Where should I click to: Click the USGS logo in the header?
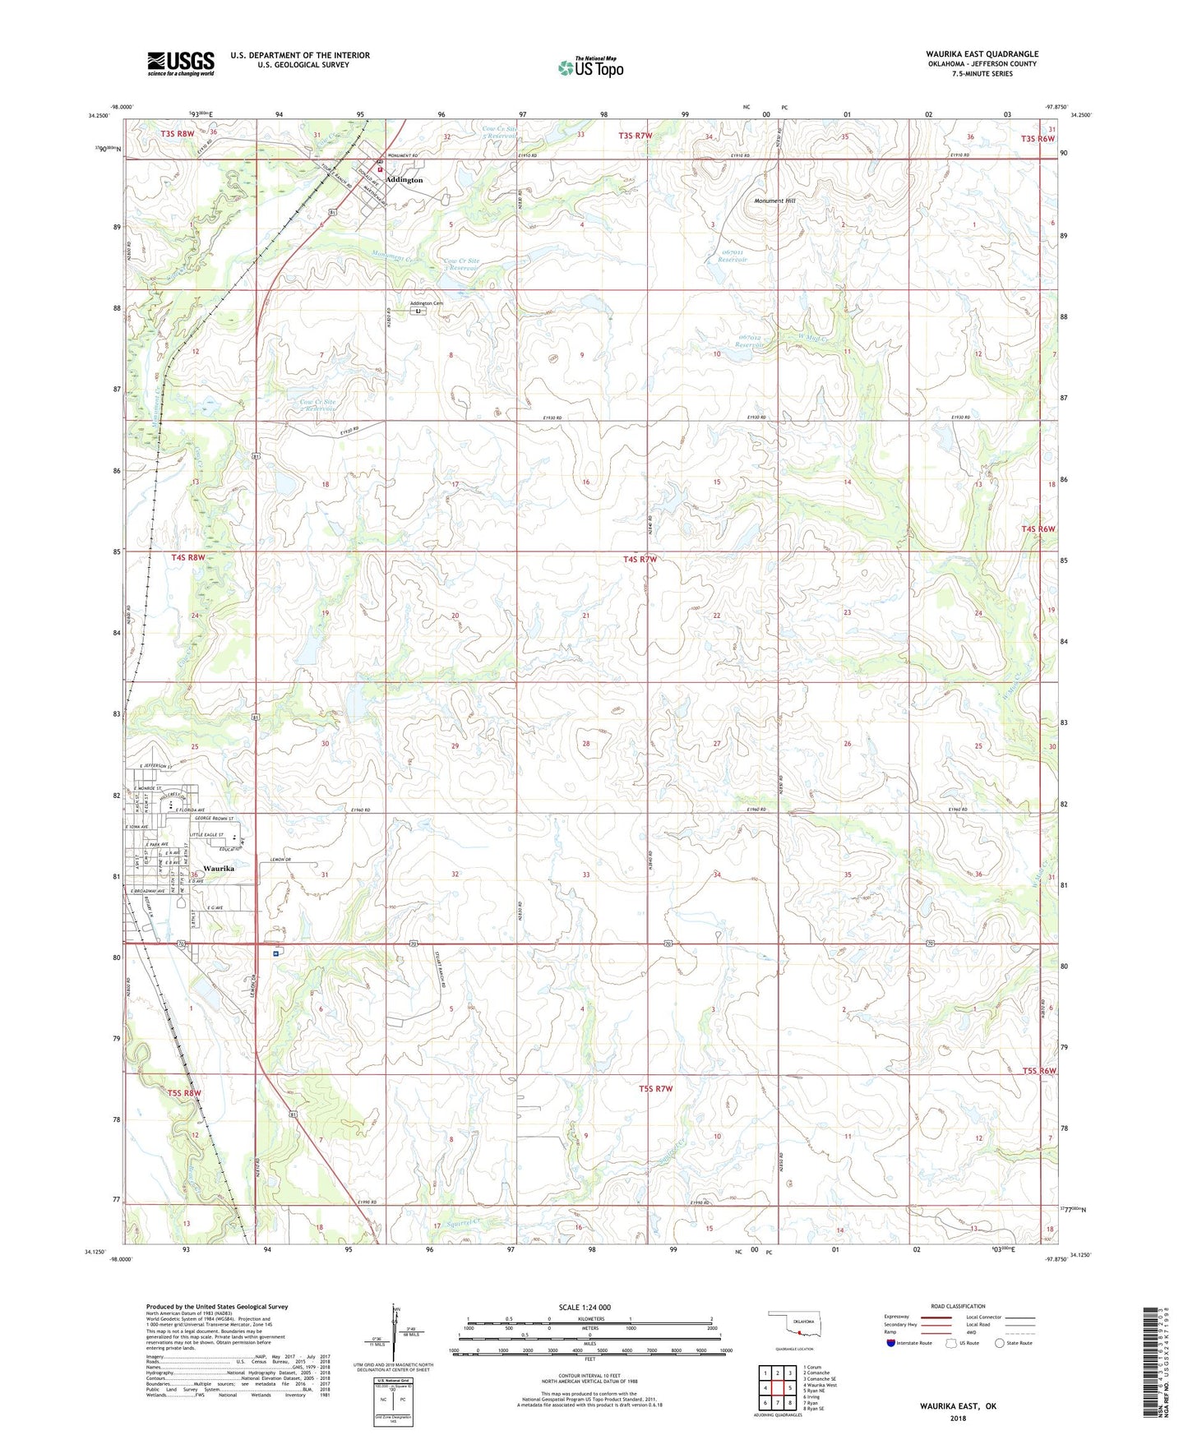[x=181, y=63]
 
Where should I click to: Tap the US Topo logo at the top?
[x=589, y=67]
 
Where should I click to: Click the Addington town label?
[x=404, y=179]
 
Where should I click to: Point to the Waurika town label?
[x=219, y=869]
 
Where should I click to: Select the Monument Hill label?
[x=774, y=201]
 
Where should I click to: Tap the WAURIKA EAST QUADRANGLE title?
[x=982, y=54]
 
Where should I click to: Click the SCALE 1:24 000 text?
[x=585, y=1308]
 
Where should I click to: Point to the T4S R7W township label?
[x=640, y=560]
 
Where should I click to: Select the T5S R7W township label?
[x=655, y=1089]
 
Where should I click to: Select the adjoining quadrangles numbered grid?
[x=777, y=1387]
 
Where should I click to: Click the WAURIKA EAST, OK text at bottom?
[x=958, y=1406]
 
